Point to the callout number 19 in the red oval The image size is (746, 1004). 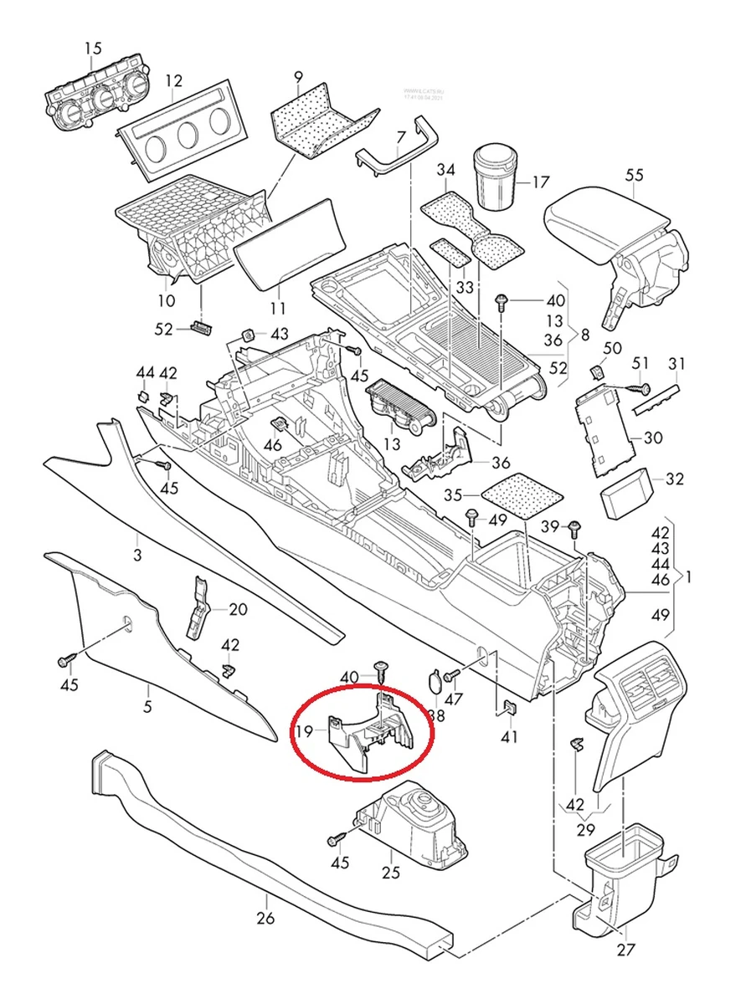[x=306, y=732]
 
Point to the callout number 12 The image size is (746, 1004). [x=173, y=81]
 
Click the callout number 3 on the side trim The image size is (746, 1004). [x=137, y=555]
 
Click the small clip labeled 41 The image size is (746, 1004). [x=508, y=709]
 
